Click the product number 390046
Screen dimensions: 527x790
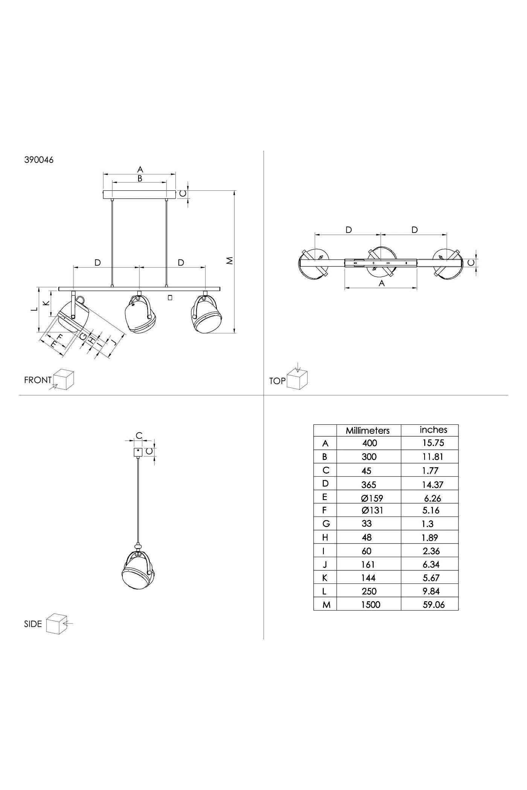[x=39, y=160]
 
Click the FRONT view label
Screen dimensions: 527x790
[x=38, y=380]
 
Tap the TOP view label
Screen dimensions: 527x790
[x=277, y=381]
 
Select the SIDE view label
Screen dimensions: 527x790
[x=33, y=624]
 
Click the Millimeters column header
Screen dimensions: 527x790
[x=368, y=430]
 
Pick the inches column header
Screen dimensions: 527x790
[x=434, y=430]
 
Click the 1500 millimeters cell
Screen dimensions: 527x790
[x=371, y=605]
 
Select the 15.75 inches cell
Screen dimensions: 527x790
[x=433, y=443]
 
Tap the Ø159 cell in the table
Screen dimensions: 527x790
[x=372, y=498]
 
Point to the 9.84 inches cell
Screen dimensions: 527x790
[x=431, y=591]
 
